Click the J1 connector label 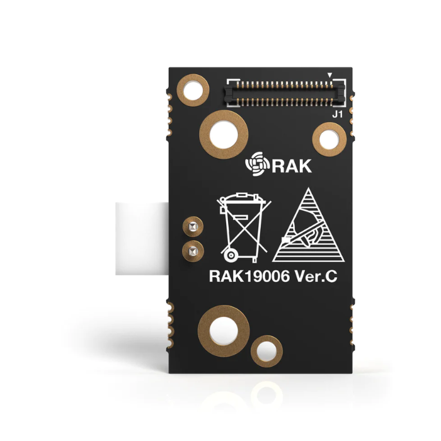[x=337, y=115]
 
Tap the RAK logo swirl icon [x=255, y=164]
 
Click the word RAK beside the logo [x=292, y=166]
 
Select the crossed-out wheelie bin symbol [x=244, y=227]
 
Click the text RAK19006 [x=249, y=276]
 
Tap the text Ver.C [x=316, y=276]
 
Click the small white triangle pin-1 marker [x=330, y=76]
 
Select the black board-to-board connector [x=285, y=94]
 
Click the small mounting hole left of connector [x=193, y=90]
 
